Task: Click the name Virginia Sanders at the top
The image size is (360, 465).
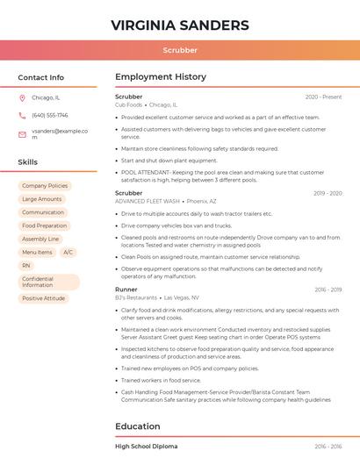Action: pos(180,25)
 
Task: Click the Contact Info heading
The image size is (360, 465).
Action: pos(40,77)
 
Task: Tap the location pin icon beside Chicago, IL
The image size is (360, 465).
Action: pos(23,97)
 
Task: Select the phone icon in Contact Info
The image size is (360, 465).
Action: pos(23,115)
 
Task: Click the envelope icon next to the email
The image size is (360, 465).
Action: pos(23,133)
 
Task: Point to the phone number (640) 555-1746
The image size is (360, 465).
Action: pos(49,115)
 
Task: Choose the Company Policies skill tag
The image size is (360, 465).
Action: pos(45,186)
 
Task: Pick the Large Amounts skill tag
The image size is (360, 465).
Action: pos(42,199)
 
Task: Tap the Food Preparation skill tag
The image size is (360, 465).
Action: pos(45,225)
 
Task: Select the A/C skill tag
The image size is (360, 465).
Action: pos(68,252)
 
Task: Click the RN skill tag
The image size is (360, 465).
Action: pos(26,265)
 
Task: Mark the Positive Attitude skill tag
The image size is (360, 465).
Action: pos(44,298)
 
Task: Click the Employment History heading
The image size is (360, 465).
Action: pos(160,77)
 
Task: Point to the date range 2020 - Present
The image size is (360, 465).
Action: pos(323,97)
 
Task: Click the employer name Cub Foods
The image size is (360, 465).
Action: pos(128,104)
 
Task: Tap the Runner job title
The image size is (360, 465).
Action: pos(126,289)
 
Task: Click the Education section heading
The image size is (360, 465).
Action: pos(137,426)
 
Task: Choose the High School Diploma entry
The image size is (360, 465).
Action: pos(146,447)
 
